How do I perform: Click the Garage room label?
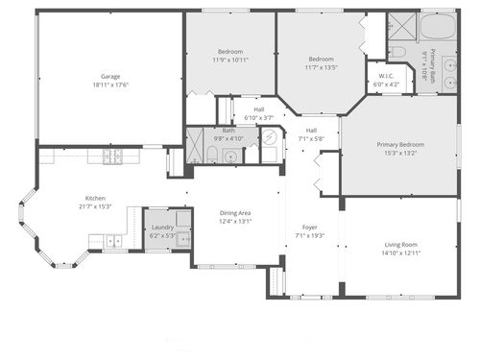click(x=110, y=76)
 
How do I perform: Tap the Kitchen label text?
click(x=95, y=198)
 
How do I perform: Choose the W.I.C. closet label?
click(x=387, y=76)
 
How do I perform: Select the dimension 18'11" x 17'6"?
click(x=110, y=84)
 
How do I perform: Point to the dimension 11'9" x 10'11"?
click(x=230, y=60)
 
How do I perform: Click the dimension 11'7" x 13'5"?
click(x=321, y=67)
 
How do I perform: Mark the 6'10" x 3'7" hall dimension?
click(x=259, y=117)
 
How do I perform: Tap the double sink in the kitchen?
click(x=114, y=242)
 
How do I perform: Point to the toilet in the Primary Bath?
click(x=396, y=50)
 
